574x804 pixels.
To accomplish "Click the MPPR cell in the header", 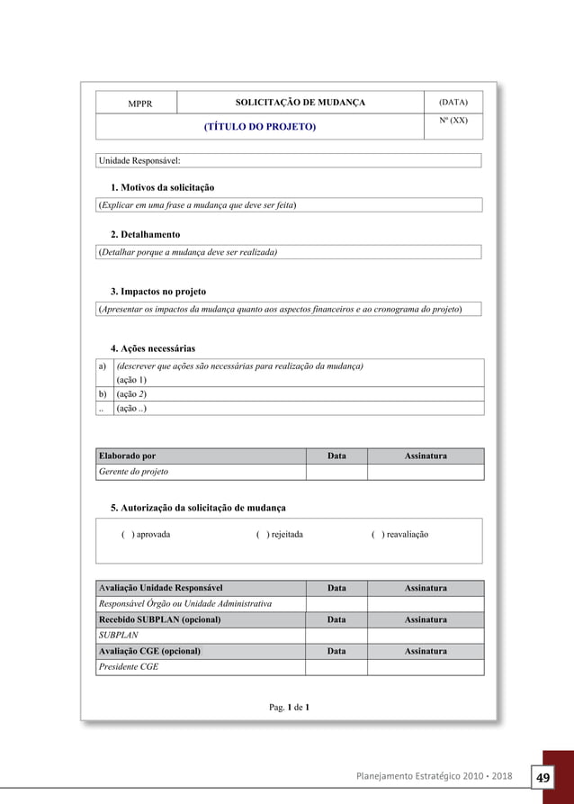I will pyautogui.click(x=139, y=104).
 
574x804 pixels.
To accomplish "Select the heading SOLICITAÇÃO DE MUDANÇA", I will pyautogui.click(x=300, y=103).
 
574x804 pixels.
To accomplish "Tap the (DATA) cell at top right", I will pyautogui.click(x=453, y=103).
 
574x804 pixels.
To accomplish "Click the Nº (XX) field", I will pyautogui.click(x=453, y=121).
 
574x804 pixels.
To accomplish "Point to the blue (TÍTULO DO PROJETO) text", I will pyautogui.click(x=260, y=127).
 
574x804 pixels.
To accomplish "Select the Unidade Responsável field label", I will pyautogui.click(x=139, y=161).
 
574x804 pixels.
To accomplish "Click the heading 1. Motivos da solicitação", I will pyautogui.click(x=162, y=187).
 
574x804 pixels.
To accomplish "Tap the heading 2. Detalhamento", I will pyautogui.click(x=145, y=234).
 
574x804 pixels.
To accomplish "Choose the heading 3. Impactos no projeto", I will pyautogui.click(x=157, y=292).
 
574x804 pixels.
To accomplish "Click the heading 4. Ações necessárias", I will pyautogui.click(x=152, y=348).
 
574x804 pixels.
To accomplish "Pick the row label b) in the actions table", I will pyautogui.click(x=103, y=394).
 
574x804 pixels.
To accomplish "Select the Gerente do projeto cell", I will pyautogui.click(x=133, y=472).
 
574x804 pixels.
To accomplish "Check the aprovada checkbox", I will pyautogui.click(x=127, y=535).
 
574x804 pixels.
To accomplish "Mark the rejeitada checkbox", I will pyautogui.click(x=261, y=535).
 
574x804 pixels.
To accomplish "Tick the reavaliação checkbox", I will pyautogui.click(x=376, y=535).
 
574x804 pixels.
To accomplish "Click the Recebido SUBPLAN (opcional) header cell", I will pyautogui.click(x=159, y=620).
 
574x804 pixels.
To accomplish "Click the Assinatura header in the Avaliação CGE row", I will pyautogui.click(x=426, y=651).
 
